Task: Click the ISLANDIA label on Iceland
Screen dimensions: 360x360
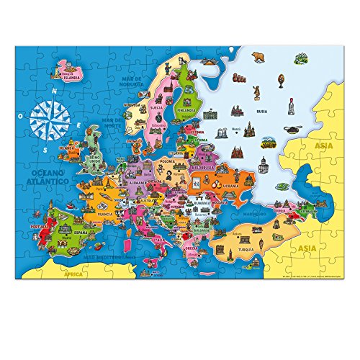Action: [73, 77]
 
